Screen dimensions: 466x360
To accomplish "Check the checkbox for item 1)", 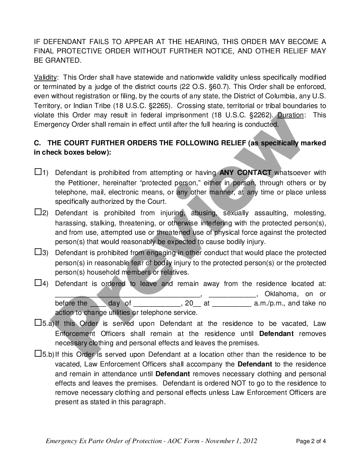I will coord(38,172).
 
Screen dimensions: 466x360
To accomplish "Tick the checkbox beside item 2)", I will coord(38,212).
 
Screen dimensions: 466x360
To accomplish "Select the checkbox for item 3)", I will coord(38,252).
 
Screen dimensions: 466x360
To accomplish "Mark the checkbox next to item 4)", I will coord(38,283).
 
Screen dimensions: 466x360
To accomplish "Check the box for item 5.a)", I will coord(38,323).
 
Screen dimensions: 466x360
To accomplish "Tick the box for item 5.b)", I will coord(38,353).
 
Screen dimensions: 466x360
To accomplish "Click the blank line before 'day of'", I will coord(97,303).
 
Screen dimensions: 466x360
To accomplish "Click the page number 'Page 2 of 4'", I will coord(311,441).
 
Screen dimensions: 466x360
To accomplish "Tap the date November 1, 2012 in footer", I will coord(231,441).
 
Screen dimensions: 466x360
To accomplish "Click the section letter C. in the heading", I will coord(37,143).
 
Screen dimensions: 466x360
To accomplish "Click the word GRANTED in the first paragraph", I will coord(62,61).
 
